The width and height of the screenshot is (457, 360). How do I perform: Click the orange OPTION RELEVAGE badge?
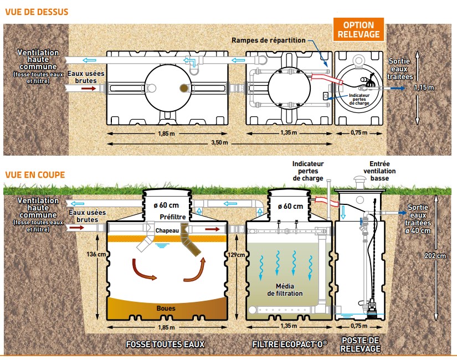[x=359, y=29]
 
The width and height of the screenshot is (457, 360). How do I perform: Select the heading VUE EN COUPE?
[x=35, y=174]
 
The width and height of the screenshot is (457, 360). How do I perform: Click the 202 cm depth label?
[x=440, y=256]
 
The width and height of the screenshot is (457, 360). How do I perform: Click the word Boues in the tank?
[x=166, y=308]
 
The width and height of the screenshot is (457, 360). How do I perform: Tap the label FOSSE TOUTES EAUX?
[x=166, y=344]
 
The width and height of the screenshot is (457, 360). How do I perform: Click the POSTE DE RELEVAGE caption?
[x=361, y=344]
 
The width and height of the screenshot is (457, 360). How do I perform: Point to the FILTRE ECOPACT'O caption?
[x=290, y=344]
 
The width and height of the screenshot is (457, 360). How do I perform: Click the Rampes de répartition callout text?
[x=269, y=40]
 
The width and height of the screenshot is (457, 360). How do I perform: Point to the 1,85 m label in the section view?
[x=166, y=327]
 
